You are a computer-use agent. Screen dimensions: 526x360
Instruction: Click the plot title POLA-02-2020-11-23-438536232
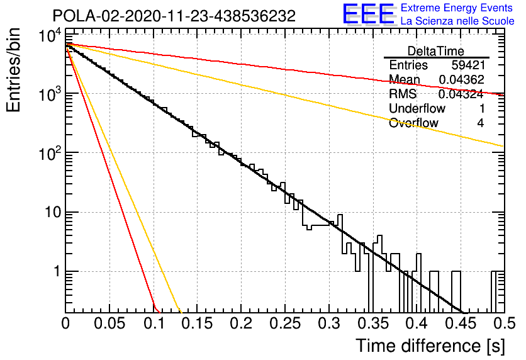(x=174, y=16)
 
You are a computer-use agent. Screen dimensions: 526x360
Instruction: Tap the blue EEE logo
(x=369, y=14)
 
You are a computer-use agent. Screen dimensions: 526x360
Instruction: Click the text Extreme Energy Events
(x=457, y=8)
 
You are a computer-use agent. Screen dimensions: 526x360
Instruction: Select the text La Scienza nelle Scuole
(x=457, y=21)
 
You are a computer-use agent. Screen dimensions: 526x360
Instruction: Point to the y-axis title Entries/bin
(x=14, y=70)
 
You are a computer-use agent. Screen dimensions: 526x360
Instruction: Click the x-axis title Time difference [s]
(x=430, y=346)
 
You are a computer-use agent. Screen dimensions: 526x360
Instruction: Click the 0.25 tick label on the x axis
(x=285, y=323)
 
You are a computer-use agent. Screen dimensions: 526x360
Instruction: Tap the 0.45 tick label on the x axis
(x=461, y=323)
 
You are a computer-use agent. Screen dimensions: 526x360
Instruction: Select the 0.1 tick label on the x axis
(x=154, y=323)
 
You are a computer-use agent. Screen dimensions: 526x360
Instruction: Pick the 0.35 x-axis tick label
(x=373, y=323)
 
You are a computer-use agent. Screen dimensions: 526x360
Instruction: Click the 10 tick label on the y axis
(x=53, y=212)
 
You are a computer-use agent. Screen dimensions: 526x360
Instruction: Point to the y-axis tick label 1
(x=57, y=271)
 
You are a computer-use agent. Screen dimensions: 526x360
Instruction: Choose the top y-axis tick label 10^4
(x=50, y=35)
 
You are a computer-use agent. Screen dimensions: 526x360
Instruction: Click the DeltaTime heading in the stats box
(x=436, y=52)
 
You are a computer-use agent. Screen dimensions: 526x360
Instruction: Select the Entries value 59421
(x=468, y=65)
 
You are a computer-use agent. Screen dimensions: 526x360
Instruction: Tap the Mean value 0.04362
(x=462, y=79)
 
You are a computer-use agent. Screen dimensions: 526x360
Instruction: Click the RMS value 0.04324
(x=461, y=94)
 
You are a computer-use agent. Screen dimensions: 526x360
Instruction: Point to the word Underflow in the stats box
(x=417, y=108)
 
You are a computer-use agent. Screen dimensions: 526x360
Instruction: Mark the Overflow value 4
(x=481, y=123)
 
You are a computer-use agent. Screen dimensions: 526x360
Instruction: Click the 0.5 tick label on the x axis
(x=505, y=323)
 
